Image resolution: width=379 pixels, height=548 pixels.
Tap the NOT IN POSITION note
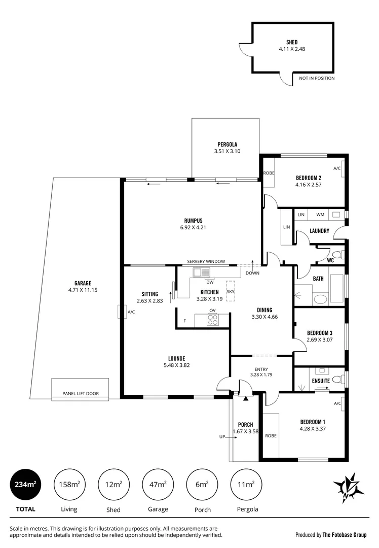pos(317,78)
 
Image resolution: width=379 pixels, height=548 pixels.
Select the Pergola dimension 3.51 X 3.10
pos(228,151)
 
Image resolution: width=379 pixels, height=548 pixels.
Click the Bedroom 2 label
pos(309,178)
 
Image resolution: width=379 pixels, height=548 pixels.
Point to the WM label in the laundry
pos(320,215)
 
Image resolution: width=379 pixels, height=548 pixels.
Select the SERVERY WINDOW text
pos(206,261)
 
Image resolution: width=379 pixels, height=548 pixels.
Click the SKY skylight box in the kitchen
pos(231,291)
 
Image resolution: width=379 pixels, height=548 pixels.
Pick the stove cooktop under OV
pos(213,320)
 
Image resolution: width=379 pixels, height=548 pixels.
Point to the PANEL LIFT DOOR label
pos(81,393)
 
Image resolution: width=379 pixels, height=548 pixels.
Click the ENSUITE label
pos(321,381)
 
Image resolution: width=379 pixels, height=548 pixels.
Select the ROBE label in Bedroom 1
pos(271,435)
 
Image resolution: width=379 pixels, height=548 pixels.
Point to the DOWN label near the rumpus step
pos(252,273)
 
